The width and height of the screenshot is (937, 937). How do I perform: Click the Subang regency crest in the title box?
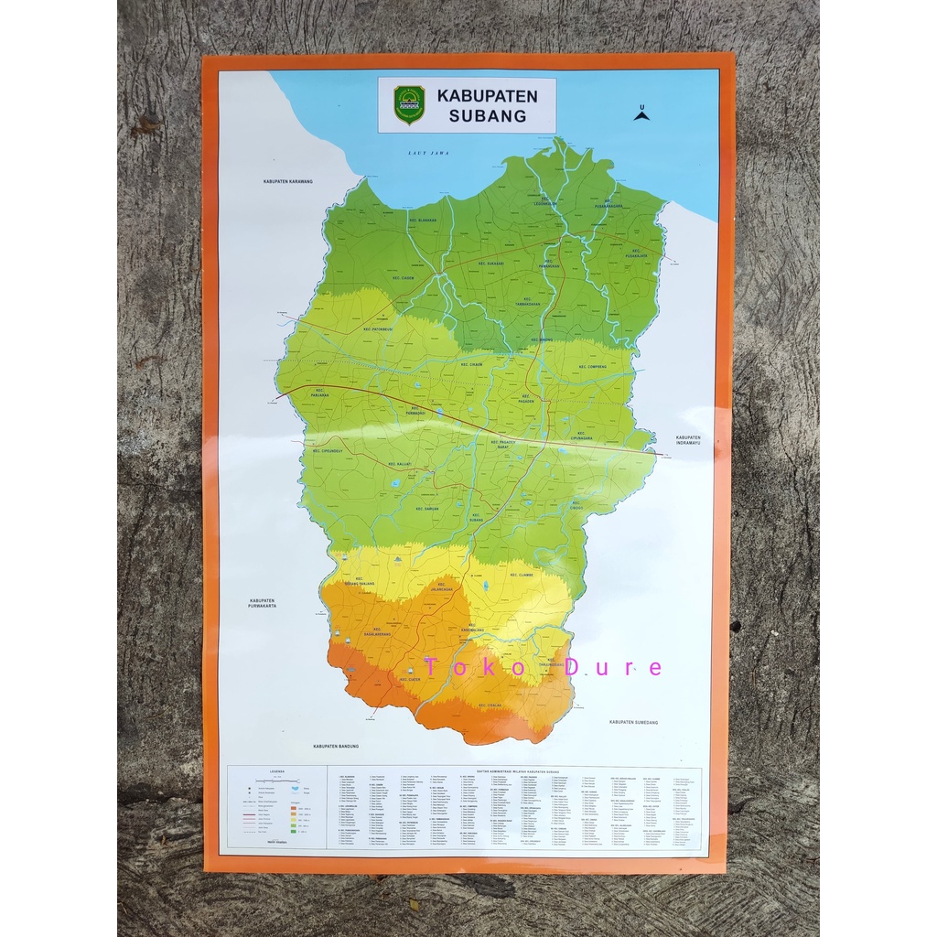point(409,104)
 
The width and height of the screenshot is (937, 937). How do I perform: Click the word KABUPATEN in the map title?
point(487,95)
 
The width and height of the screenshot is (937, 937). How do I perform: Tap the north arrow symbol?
point(641,113)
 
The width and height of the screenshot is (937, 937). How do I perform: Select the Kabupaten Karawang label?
point(287,181)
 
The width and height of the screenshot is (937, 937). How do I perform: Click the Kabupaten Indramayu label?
point(687,441)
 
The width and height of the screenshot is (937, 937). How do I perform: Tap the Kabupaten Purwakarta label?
point(262,603)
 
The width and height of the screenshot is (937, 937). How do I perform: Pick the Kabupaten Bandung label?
point(338,746)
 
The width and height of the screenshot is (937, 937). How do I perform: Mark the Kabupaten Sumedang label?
point(633,722)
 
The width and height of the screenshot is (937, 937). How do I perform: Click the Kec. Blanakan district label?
point(422,220)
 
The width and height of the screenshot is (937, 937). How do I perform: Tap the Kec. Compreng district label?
point(593,367)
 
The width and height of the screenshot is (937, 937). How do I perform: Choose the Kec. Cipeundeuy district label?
point(328,451)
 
